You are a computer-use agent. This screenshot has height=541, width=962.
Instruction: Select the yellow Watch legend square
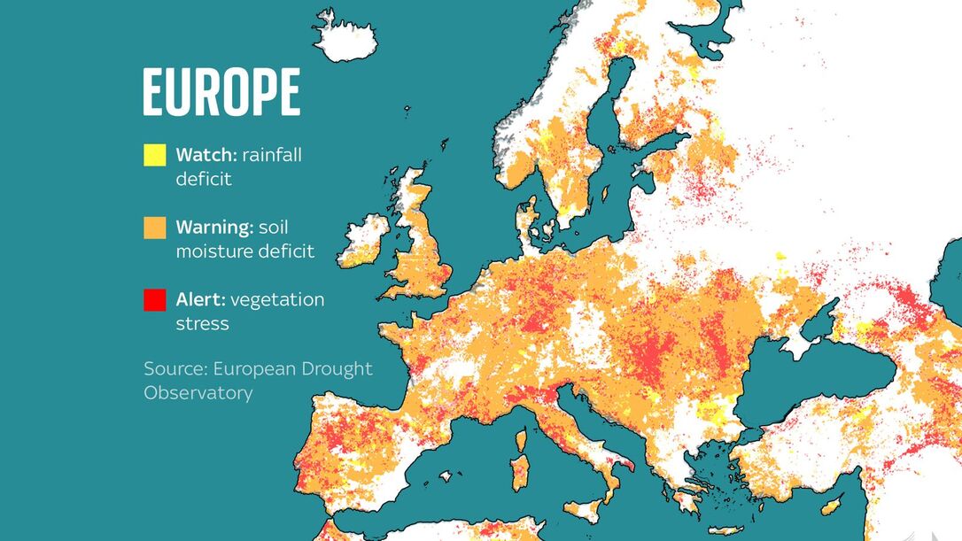click(x=155, y=155)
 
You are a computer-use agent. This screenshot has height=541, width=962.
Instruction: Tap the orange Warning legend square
click(x=155, y=228)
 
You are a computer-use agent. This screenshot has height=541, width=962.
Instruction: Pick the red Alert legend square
click(x=155, y=300)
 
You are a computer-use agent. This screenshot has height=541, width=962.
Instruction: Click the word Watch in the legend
click(x=205, y=155)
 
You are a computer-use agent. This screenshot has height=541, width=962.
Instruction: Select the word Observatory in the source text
click(x=198, y=392)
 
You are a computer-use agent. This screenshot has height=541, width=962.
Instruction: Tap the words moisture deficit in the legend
click(x=244, y=251)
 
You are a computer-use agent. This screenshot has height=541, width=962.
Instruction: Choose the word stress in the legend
click(x=202, y=324)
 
